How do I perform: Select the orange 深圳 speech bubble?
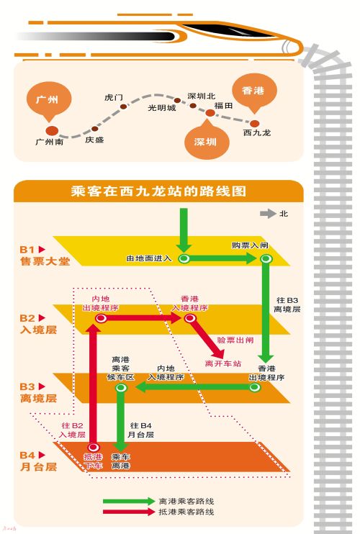coord(205,141)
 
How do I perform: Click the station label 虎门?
coord(114,96)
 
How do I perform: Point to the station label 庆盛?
coord(94,140)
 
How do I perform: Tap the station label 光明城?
coord(161,108)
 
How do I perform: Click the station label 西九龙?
coord(257,133)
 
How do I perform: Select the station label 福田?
coord(223,105)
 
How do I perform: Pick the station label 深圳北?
coord(201,96)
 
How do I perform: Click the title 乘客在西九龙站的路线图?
coord(159,191)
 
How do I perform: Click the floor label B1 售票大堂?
coord(44,256)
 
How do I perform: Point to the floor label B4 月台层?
coord(37,461)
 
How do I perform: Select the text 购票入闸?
coord(249,245)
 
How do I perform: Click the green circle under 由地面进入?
coord(184,258)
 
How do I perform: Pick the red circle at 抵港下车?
coord(93,448)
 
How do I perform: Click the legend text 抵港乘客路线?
coord(186,512)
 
